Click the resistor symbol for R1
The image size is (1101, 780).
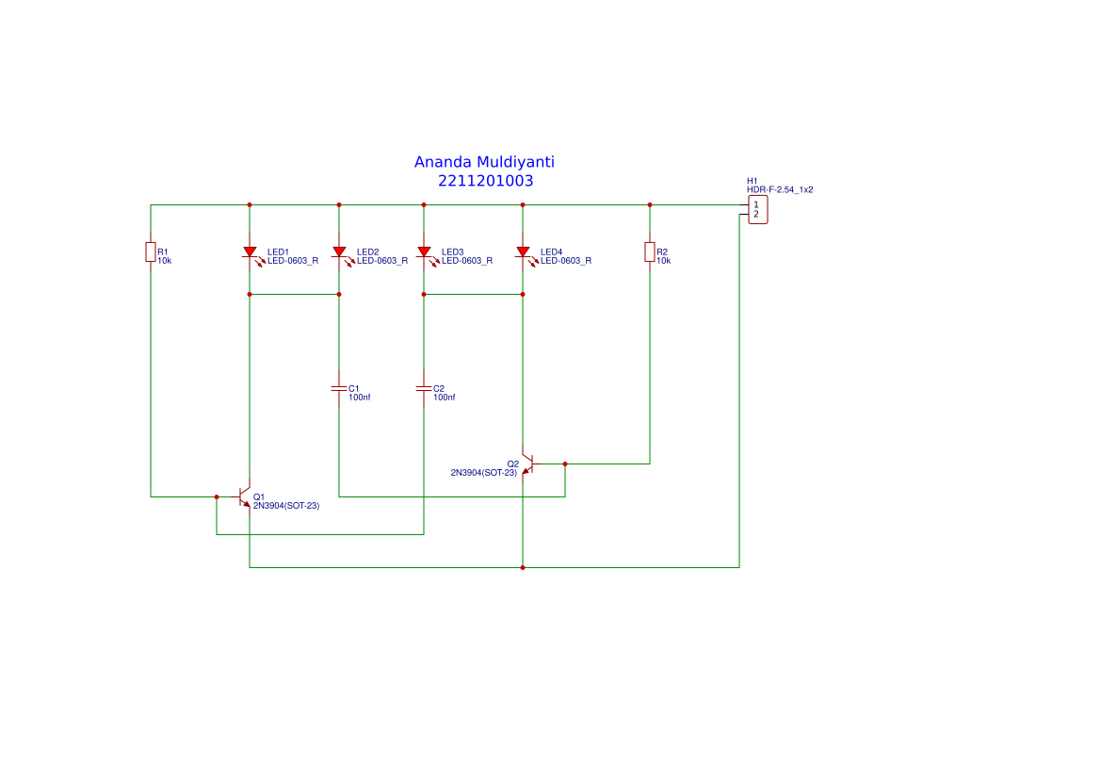click(151, 252)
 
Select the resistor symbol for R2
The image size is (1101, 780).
click(650, 252)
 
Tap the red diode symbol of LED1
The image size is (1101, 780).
click(250, 252)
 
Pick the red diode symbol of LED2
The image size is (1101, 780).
click(339, 252)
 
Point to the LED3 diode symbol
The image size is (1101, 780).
click(424, 252)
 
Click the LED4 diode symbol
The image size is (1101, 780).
click(523, 252)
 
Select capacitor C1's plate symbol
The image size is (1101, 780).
click(339, 388)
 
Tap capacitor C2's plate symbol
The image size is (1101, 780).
click(424, 388)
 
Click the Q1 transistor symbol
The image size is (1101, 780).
click(245, 496)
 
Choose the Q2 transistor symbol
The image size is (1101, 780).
click(527, 463)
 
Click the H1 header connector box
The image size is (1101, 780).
click(757, 209)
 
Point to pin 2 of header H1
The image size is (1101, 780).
click(755, 215)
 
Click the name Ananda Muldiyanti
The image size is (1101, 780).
click(491, 162)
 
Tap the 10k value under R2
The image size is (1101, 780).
click(663, 261)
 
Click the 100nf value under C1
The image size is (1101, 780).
click(360, 398)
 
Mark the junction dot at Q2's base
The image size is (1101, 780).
click(565, 463)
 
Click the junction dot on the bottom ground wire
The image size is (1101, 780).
click(523, 568)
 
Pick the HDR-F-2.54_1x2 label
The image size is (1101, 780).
click(780, 189)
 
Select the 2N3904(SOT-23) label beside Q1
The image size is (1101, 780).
click(286, 506)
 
